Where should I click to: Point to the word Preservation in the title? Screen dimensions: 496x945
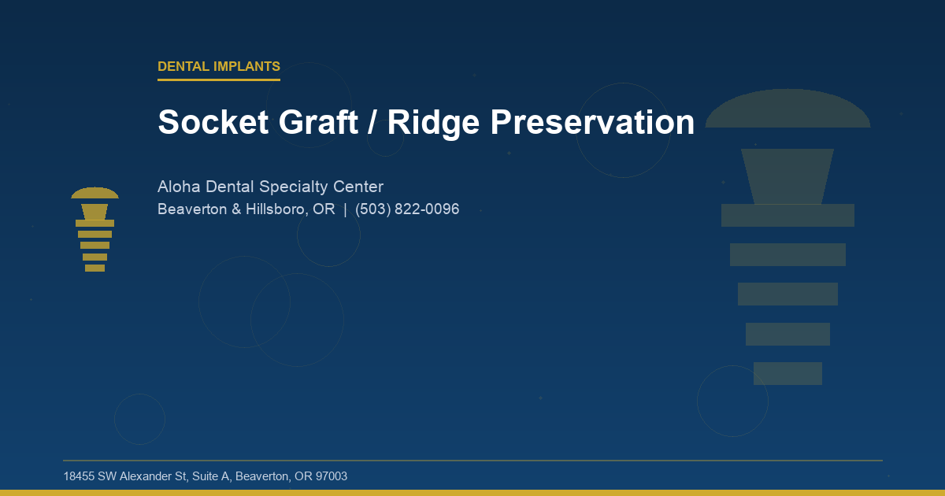coord(592,123)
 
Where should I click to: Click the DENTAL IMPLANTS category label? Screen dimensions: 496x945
coord(219,67)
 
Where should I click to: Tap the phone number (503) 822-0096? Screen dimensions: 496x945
coord(407,209)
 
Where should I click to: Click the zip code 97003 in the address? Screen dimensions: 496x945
coord(332,476)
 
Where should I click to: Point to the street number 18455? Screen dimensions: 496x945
coord(79,476)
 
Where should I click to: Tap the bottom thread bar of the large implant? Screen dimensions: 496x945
coord(787,373)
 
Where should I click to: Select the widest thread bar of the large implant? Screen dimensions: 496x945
coord(787,215)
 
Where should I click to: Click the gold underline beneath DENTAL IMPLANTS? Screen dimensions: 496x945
coord(219,80)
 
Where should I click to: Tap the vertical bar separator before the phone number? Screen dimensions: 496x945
coord(345,209)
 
